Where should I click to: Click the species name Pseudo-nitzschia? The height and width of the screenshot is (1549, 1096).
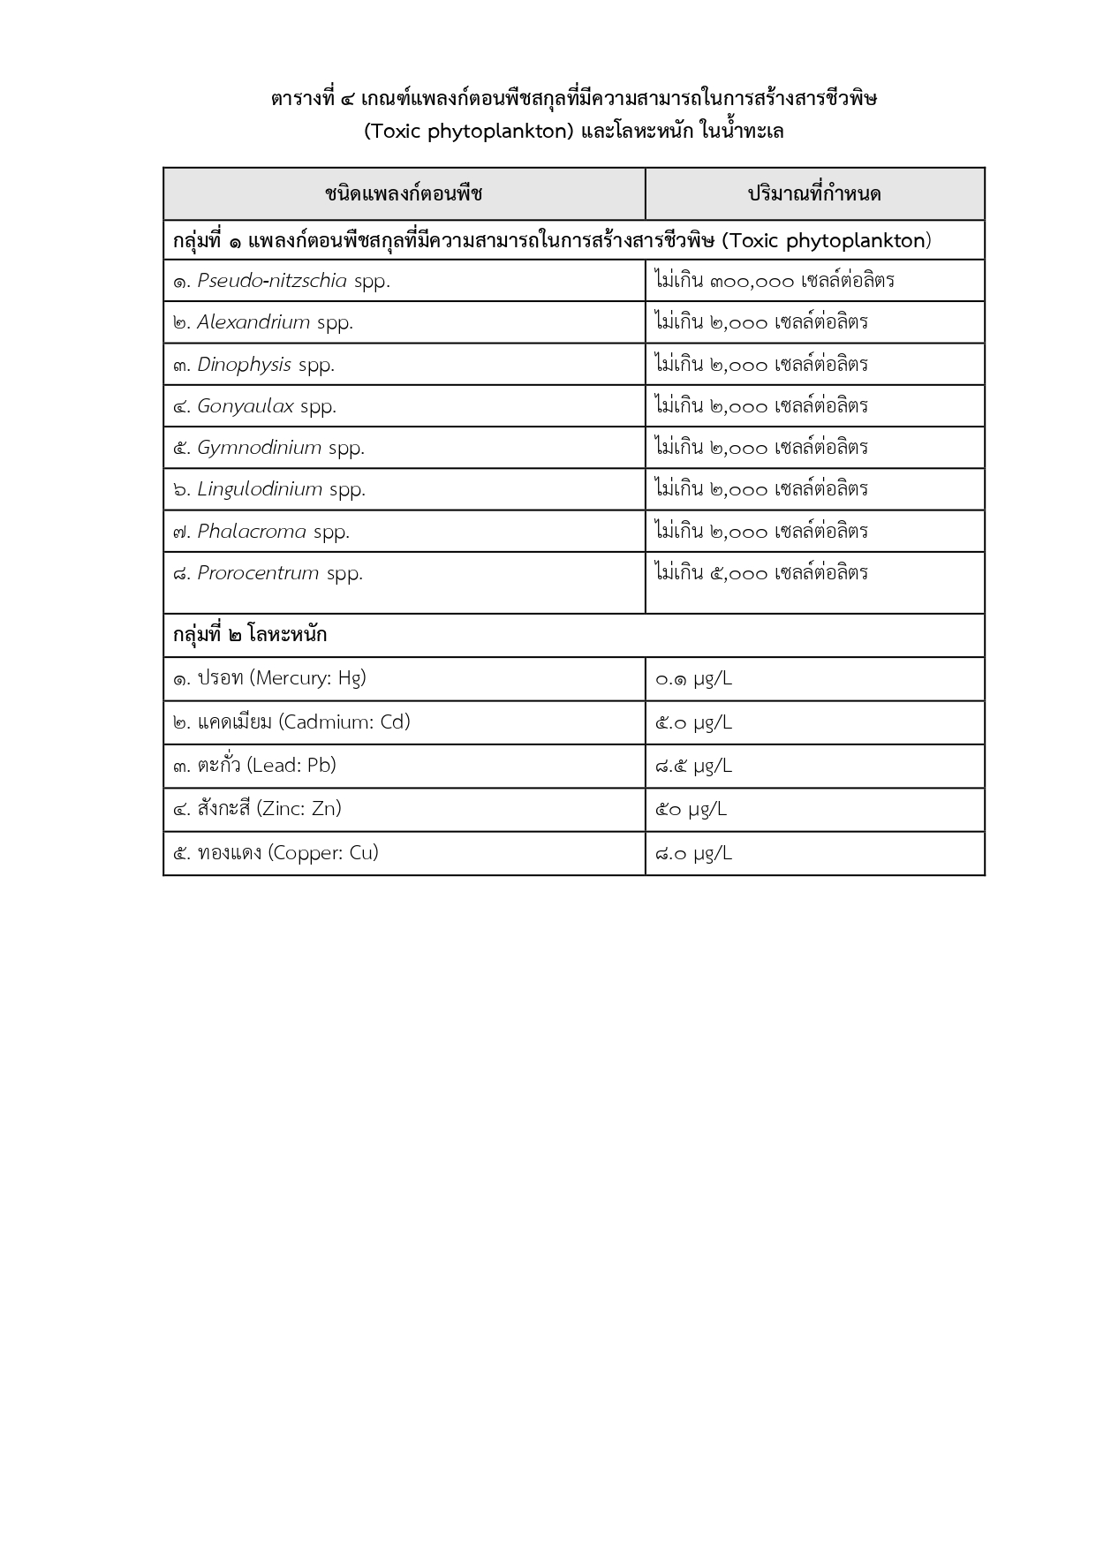coord(272,281)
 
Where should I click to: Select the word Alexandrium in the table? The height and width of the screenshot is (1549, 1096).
coord(253,322)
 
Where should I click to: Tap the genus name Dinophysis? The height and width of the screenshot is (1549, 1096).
coord(244,365)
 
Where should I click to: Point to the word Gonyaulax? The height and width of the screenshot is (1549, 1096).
coord(246,406)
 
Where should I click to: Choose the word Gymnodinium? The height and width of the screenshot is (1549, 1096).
coord(259,448)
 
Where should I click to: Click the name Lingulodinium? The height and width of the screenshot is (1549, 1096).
coord(260,489)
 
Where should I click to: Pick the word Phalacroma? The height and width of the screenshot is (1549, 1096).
coord(252,532)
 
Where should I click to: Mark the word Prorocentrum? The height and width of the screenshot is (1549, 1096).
coord(258,573)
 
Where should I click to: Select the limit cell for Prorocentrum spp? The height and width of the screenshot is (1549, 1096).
coord(761,573)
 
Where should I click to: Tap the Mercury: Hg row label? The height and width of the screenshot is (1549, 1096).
coord(269,678)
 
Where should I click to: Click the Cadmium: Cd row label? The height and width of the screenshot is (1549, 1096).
coord(291,722)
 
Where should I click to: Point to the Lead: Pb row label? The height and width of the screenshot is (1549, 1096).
coord(254,766)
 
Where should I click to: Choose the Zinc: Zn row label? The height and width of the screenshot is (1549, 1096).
coord(257,809)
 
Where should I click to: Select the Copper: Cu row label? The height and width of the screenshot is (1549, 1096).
coord(276,853)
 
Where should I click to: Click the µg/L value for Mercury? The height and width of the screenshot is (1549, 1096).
coord(693,679)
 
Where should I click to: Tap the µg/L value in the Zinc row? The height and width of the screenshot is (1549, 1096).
coord(691,809)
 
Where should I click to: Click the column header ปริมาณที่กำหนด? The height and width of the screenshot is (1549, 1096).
coord(814,193)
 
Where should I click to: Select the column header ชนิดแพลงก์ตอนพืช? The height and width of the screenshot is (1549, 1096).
coord(404,193)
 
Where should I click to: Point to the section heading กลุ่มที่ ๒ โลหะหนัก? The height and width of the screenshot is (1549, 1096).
coord(250,635)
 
